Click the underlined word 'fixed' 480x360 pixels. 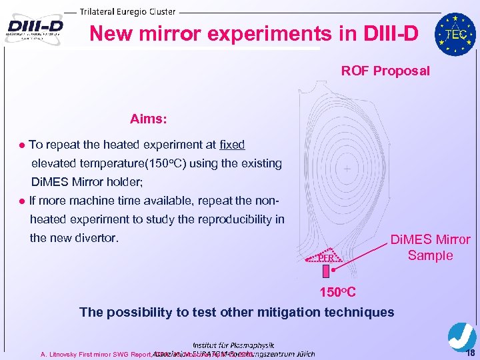point(232,144)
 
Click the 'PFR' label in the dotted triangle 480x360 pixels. point(325,257)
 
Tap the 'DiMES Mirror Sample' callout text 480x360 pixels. point(430,247)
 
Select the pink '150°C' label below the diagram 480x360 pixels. point(337,292)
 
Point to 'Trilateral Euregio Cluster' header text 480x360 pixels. point(128,11)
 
